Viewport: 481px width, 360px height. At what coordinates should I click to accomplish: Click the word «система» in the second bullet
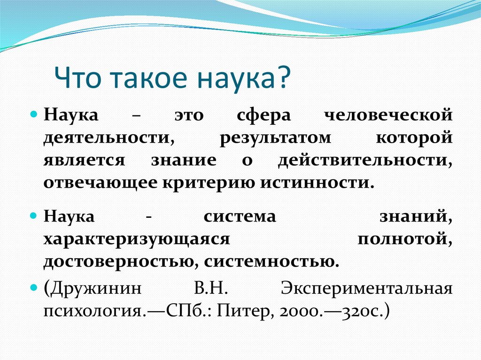click(240, 216)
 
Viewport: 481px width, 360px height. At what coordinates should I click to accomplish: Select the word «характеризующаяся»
click(137, 239)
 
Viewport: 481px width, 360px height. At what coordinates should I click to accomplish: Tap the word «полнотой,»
click(405, 239)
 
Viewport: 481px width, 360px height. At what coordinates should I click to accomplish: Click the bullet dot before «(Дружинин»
click(34, 286)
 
